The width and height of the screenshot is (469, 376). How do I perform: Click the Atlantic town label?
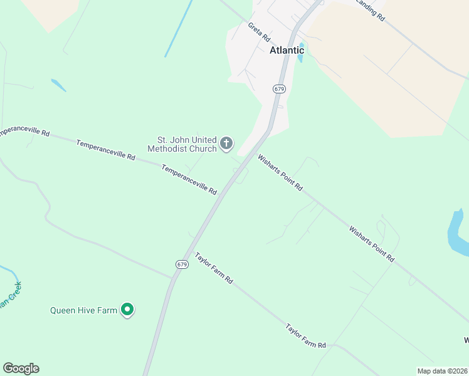287,50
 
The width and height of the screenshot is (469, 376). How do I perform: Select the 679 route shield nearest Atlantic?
280,89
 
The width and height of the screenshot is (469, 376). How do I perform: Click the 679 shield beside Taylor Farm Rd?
182,264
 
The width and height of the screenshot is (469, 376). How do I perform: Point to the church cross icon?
226,145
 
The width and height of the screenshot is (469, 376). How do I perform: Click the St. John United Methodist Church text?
182,144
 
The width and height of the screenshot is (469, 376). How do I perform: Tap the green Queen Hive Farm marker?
127,309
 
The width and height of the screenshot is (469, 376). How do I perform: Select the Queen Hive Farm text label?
84,310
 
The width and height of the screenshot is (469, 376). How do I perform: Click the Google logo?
21,368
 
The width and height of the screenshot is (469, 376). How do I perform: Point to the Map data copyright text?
441,371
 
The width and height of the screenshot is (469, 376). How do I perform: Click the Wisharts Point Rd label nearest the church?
280,173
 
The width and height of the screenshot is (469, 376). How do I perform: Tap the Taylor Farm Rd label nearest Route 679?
214,268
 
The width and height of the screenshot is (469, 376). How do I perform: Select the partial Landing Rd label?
370,11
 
